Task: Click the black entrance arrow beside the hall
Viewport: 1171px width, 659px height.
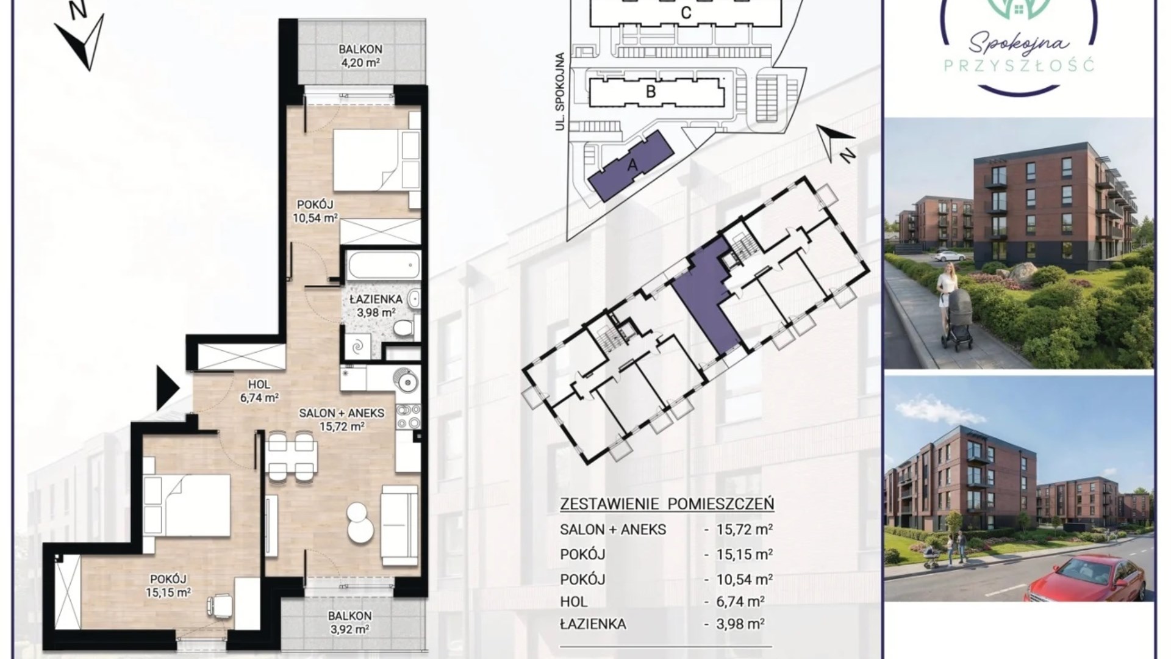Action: pos(167,388)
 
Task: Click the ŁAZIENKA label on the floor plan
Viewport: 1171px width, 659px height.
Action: pos(376,300)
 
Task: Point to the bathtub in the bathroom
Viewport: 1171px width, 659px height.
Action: pos(384,266)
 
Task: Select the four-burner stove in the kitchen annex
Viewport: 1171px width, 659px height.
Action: pos(407,416)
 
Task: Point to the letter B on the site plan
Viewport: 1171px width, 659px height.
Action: pos(651,92)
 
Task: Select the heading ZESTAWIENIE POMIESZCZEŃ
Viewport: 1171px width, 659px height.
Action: pos(667,504)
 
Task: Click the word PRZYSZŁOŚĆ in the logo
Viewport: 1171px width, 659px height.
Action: pos(1019,65)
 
